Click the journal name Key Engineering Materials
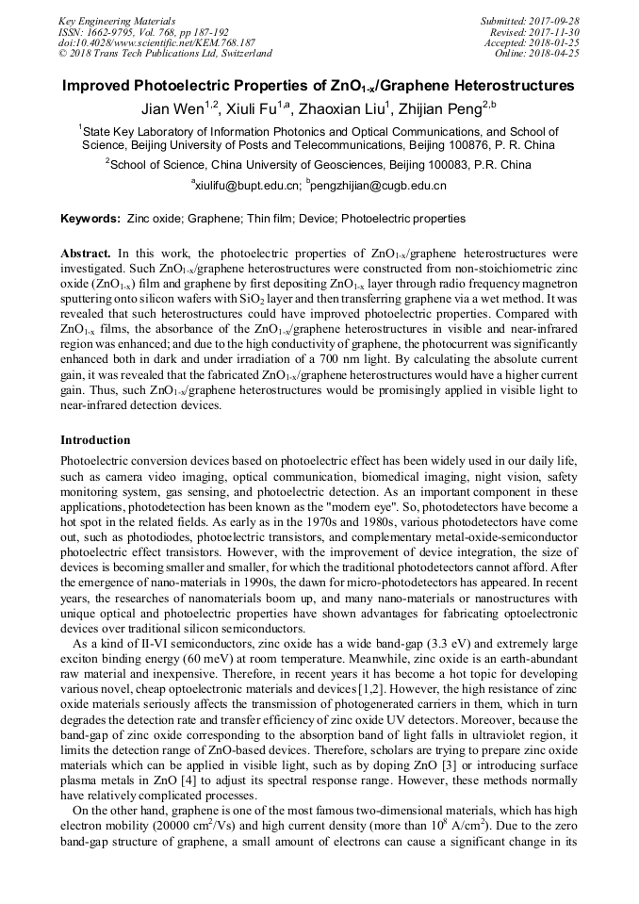click(118, 20)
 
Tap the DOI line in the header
click(156, 42)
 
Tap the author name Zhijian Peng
click(449, 108)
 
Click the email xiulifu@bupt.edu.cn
click(248, 187)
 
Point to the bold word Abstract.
click(86, 255)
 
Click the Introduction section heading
click(95, 440)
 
